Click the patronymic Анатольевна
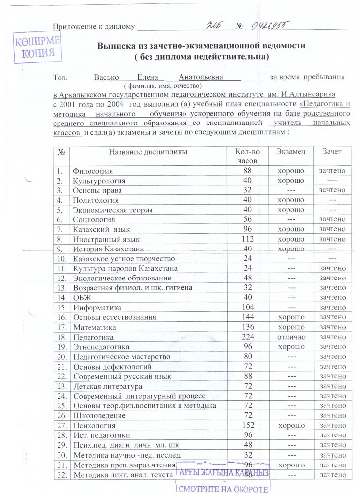pyautogui.click(x=201, y=78)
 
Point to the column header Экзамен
pyautogui.click(x=290, y=152)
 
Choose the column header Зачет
pyautogui.click(x=332, y=152)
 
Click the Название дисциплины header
pyautogui.click(x=148, y=152)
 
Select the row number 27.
pyautogui.click(x=61, y=425)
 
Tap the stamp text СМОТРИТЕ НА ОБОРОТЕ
pyautogui.click(x=224, y=489)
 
